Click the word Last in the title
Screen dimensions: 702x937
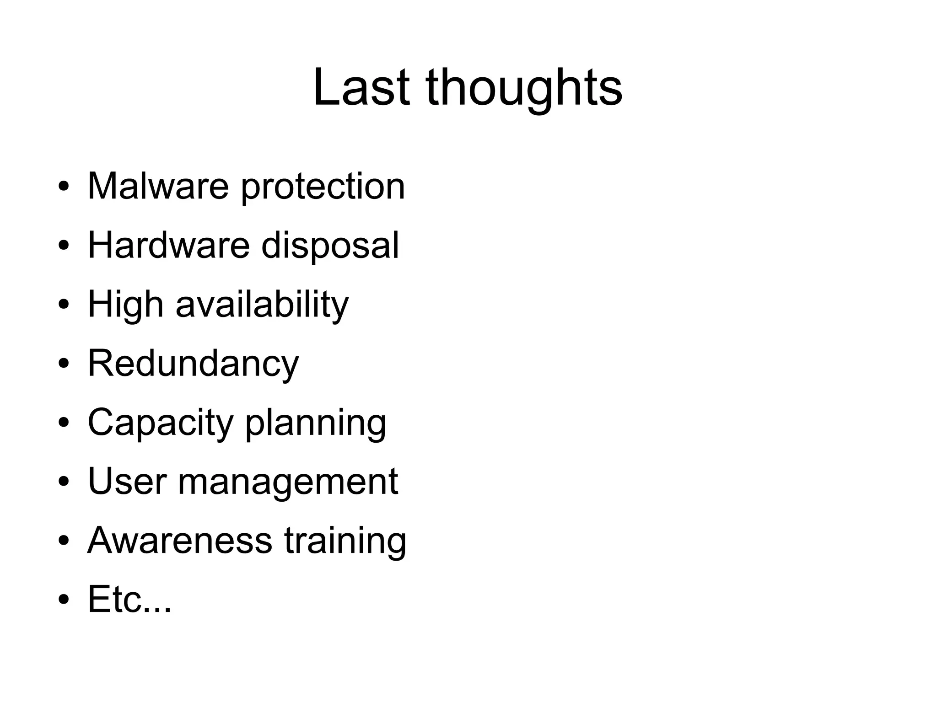(361, 87)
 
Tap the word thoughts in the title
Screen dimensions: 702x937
(523, 88)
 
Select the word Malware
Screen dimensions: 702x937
(158, 186)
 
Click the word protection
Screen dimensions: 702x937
(323, 187)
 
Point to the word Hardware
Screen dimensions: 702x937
(169, 245)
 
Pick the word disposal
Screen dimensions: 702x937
(330, 246)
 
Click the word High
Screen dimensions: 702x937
(125, 305)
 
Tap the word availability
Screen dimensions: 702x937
(262, 305)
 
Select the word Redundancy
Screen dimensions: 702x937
(193, 364)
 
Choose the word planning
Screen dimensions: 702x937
(316, 423)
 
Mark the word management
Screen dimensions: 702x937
(288, 482)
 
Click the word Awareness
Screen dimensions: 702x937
(180, 541)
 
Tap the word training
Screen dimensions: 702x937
(345, 541)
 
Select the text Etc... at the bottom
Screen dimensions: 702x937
(129, 599)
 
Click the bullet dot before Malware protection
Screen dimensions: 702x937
(64, 187)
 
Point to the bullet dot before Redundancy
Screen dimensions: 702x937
(64, 364)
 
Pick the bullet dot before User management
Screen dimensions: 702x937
(64, 482)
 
